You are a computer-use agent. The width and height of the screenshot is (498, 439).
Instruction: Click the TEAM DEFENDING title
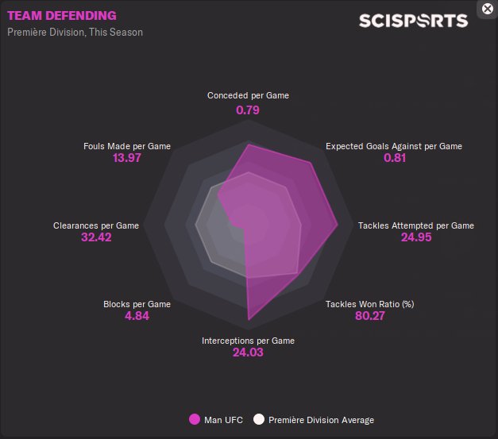tap(61, 15)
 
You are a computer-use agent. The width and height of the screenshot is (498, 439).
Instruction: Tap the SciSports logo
tap(413, 21)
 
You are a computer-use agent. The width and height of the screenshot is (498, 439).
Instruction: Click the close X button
tap(488, 9)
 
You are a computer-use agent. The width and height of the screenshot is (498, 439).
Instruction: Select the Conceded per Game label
tap(248, 95)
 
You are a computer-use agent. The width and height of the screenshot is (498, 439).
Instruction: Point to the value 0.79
tap(248, 110)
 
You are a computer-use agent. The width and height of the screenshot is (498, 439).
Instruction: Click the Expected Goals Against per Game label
tap(394, 146)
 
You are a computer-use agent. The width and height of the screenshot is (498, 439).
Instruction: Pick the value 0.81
tap(394, 158)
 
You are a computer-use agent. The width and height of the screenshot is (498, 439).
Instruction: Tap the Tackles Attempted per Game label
tap(416, 225)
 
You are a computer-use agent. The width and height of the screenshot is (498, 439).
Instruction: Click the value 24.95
tap(416, 237)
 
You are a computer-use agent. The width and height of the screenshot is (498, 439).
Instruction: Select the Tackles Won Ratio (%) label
tap(370, 304)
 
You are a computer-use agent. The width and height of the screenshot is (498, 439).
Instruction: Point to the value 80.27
tap(370, 316)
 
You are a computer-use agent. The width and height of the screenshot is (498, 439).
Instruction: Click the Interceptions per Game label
tap(248, 341)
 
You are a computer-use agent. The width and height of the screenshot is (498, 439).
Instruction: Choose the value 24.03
tap(248, 352)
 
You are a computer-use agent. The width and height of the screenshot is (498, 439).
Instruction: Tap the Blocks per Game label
tap(137, 304)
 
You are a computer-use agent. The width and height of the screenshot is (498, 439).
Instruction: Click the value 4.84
tap(137, 316)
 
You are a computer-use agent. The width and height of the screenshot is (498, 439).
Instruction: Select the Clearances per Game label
tap(96, 225)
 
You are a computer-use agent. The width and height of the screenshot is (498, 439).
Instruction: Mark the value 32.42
tap(96, 237)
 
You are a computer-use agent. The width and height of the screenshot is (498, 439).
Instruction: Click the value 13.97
tap(127, 158)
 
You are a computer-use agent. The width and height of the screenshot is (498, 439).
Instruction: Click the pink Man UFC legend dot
tap(195, 419)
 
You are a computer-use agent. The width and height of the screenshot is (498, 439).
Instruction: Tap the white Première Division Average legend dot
tap(259, 419)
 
